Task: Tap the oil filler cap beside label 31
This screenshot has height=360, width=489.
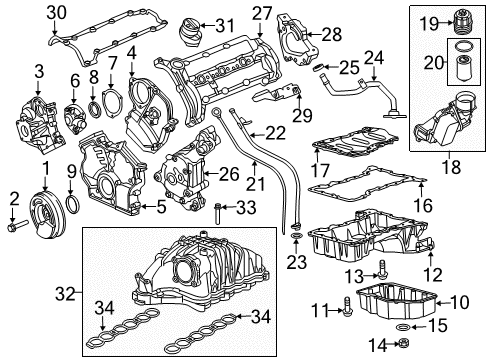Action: [x=191, y=40]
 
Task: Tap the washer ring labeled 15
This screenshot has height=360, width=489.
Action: [x=402, y=325]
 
